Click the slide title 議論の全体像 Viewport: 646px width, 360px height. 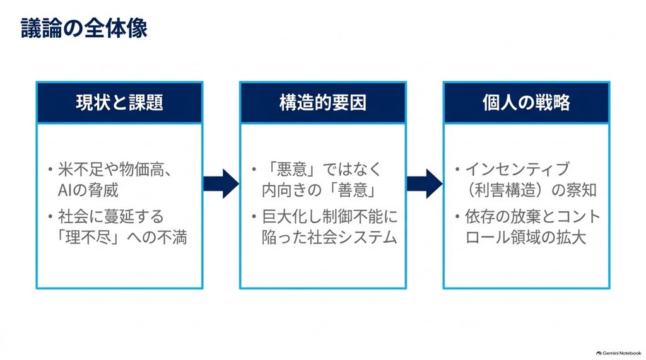click(84, 28)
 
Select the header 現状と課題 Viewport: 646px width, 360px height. click(119, 103)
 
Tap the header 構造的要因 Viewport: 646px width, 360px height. click(323, 103)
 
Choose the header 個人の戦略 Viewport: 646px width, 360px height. click(527, 103)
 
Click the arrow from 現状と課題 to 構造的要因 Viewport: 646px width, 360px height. click(221, 183)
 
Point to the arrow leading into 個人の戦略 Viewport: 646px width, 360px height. click(425, 183)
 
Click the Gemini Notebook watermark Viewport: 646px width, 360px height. click(619, 353)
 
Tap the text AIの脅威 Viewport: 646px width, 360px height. click(88, 190)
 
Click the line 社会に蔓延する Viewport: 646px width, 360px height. click(111, 217)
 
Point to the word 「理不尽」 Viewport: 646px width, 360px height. click(88, 238)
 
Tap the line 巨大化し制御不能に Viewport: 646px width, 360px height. click(330, 217)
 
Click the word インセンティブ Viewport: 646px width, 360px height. click(518, 170)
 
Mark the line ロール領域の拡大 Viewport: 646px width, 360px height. click(526, 238)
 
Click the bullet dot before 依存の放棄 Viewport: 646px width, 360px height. click(457, 216)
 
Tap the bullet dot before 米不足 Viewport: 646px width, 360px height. click(50, 169)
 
